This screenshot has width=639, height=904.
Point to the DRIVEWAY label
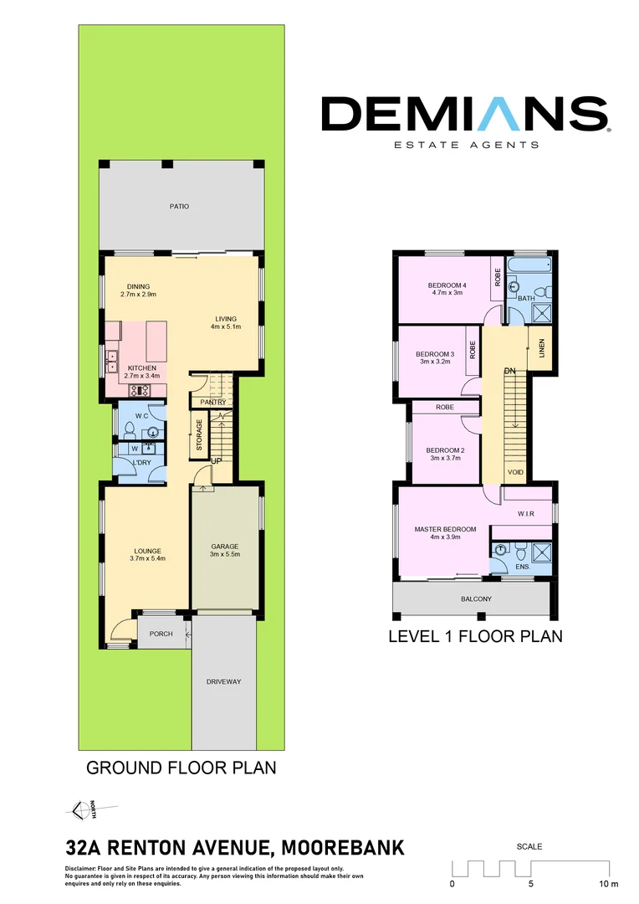[223, 682]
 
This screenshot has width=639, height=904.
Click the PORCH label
[161, 634]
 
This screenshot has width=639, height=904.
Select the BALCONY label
[476, 599]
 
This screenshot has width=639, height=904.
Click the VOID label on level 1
[515, 473]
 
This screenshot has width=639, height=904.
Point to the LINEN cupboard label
[541, 346]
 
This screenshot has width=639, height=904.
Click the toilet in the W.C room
[130, 431]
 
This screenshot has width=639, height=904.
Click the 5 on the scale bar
[531, 883]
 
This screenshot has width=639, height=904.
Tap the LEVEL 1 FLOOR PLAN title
[475, 637]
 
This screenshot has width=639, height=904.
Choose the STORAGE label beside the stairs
[200, 436]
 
